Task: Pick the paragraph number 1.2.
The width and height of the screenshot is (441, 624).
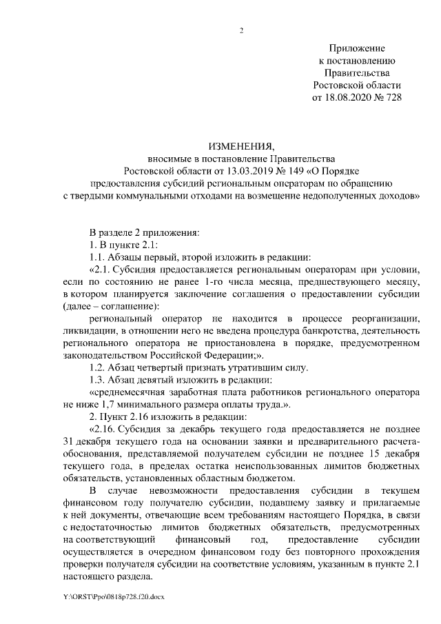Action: tap(99, 366)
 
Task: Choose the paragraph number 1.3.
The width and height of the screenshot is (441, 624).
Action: tap(99, 379)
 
